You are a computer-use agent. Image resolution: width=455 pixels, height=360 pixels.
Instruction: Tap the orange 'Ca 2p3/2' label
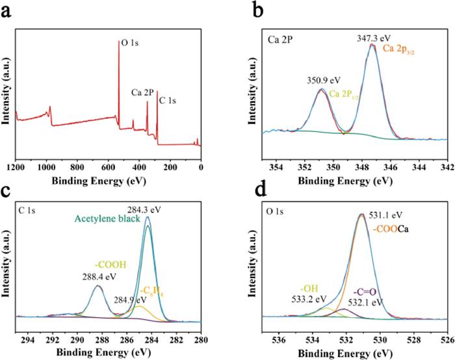(398, 49)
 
